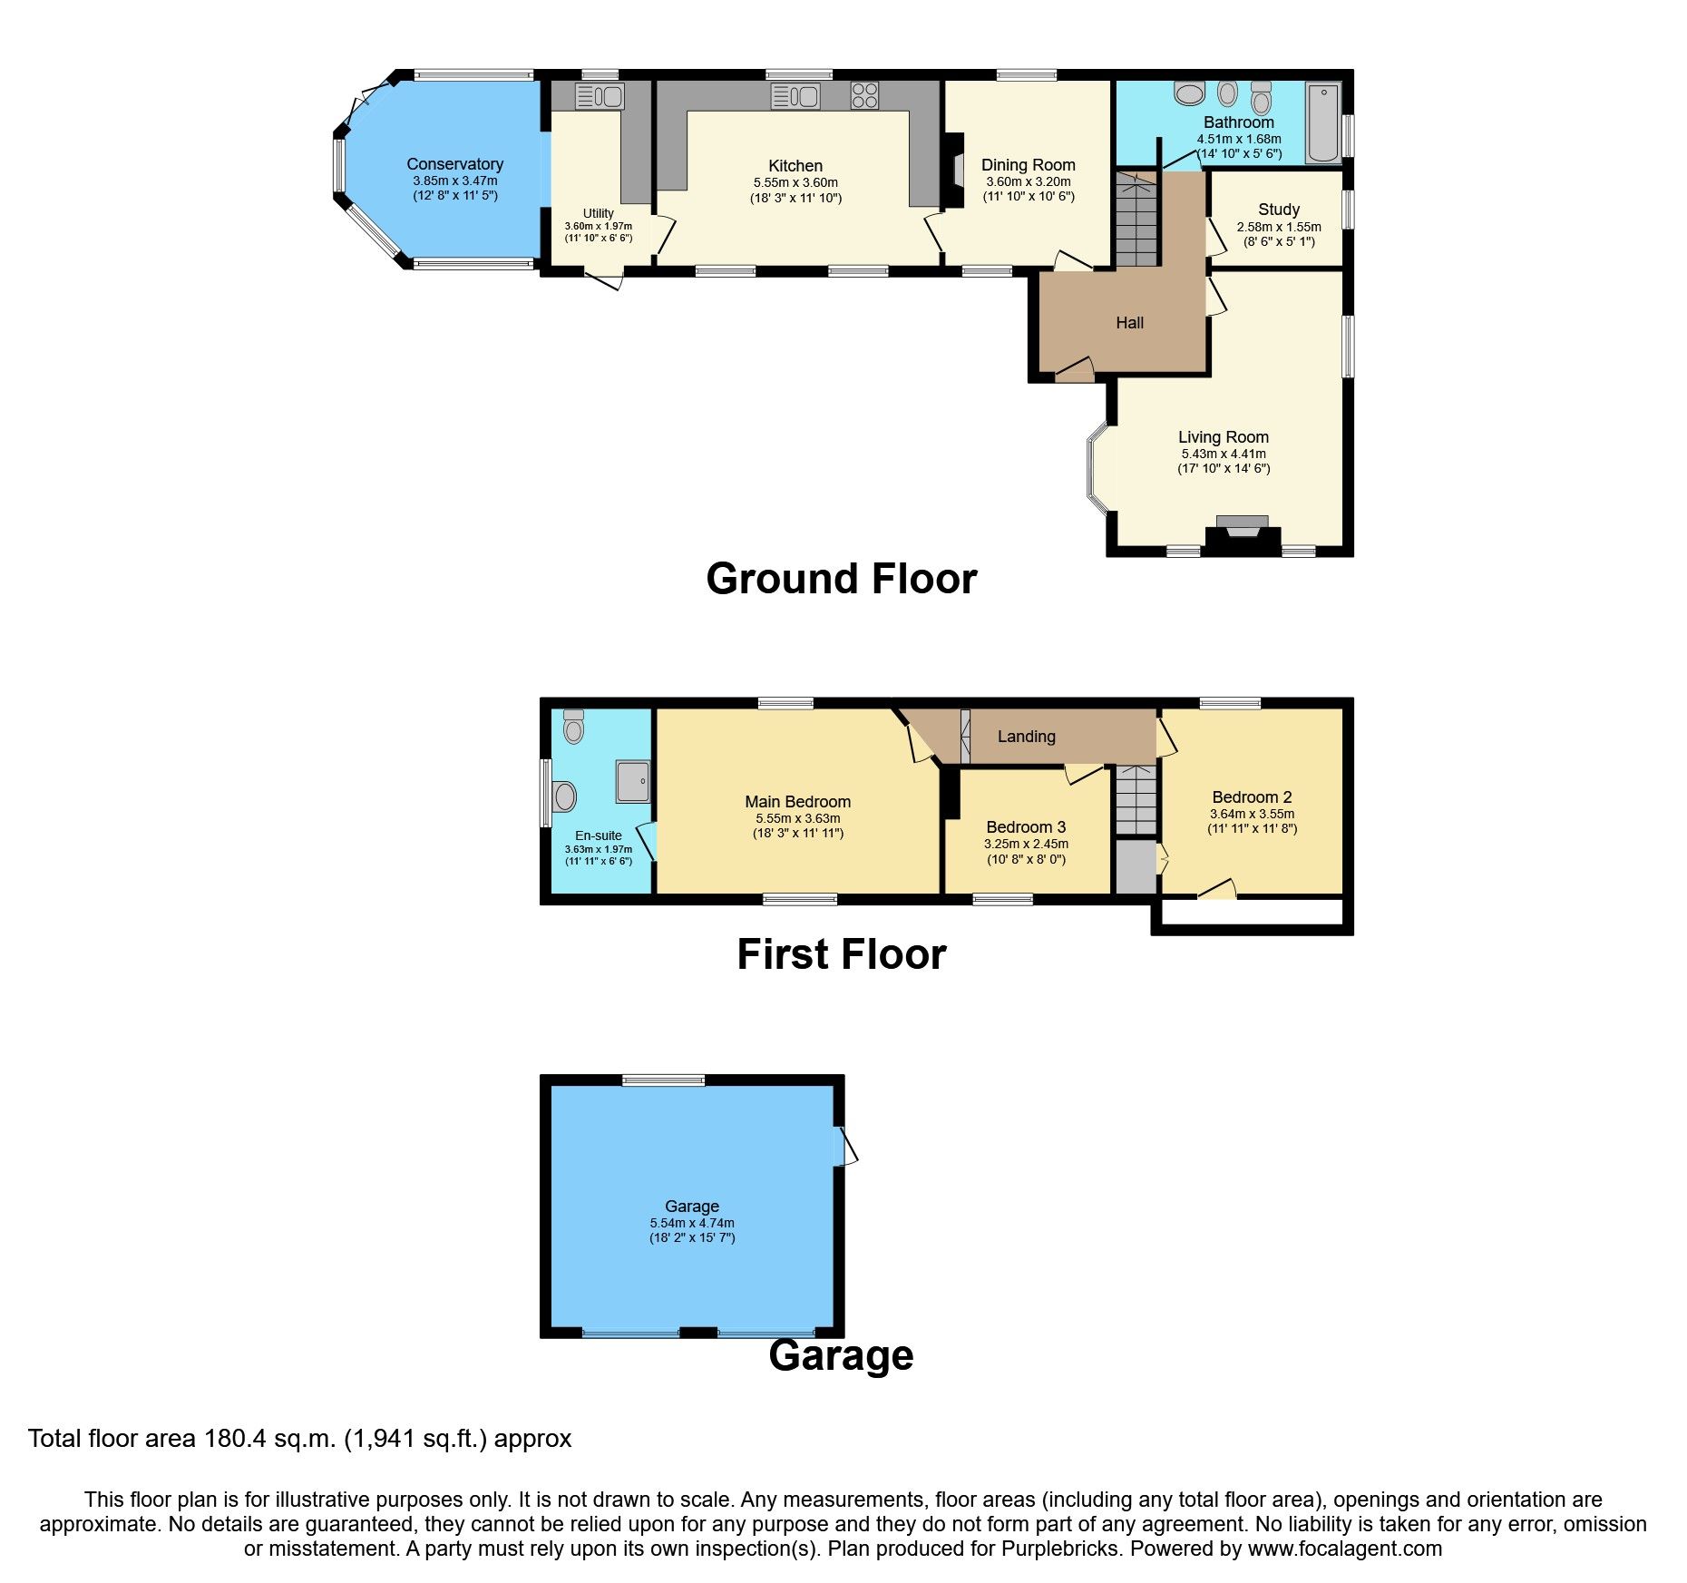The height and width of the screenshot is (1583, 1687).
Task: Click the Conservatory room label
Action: tap(454, 164)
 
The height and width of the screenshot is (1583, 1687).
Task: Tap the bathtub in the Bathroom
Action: tap(1323, 122)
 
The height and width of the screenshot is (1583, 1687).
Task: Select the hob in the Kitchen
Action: tap(863, 95)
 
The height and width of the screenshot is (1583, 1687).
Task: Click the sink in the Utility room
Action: tap(599, 95)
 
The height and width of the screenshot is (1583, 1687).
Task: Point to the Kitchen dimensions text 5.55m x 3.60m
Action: tap(795, 182)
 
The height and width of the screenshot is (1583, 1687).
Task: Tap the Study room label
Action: tap(1278, 210)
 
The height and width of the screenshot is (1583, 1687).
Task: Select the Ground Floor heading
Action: tap(841, 579)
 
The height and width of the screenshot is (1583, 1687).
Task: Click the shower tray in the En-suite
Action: tap(633, 781)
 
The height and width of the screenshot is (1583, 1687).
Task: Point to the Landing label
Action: tap(1026, 737)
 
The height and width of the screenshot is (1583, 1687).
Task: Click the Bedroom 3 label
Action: tap(1026, 827)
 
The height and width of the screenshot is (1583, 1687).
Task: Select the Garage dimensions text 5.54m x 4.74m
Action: tap(692, 1223)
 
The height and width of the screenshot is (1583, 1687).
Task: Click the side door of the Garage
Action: tap(845, 1146)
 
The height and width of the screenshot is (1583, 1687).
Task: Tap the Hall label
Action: tap(1129, 323)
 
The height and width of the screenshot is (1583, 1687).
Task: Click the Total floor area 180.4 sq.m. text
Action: tap(299, 1439)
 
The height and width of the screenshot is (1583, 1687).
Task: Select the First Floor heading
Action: tap(841, 954)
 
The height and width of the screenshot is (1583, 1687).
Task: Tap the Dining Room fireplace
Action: tap(955, 171)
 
